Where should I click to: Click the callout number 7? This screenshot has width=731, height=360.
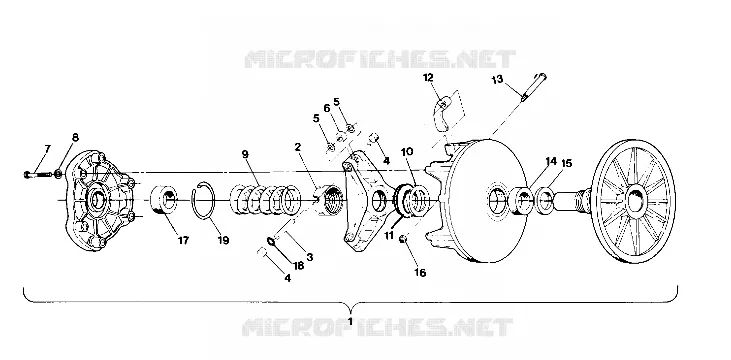pos(48,149)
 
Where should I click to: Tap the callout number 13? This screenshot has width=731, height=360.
pos(497,79)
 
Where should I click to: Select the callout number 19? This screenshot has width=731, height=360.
pos(223,241)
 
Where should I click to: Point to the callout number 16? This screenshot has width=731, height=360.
pos(420,273)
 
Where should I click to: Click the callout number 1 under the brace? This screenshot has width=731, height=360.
pos(350,322)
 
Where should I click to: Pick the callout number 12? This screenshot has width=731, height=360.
pos(428,77)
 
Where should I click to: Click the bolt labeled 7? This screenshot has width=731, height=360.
pos(37,174)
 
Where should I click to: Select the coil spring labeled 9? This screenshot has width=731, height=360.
pos(266,200)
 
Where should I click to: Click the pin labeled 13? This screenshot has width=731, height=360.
pos(534,86)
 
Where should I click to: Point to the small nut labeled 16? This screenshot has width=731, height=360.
pos(403,239)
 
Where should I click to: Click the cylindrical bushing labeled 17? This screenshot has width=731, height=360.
pos(164,199)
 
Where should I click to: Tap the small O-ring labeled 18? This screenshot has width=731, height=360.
pos(271,241)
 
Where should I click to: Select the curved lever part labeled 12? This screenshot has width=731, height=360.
pos(441,114)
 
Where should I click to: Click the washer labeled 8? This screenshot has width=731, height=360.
pos(58,174)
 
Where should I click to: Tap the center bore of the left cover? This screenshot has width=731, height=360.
pos(98,201)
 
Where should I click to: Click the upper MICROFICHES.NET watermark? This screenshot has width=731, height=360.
pos(380,59)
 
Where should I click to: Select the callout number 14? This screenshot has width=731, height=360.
pos(551,161)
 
